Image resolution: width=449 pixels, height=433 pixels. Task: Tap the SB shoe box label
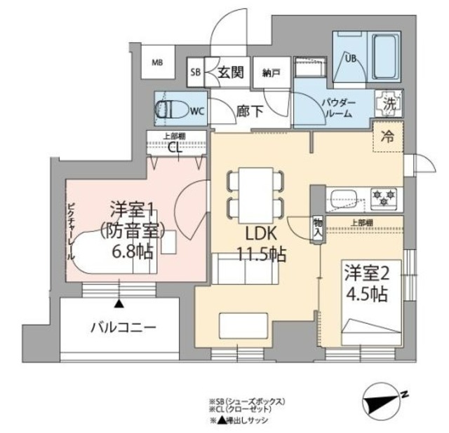tap(196, 72)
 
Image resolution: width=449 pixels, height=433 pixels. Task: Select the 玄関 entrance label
tap(229, 71)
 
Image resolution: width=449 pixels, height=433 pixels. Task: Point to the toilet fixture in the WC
tap(169, 109)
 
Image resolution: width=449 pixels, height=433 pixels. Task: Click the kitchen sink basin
tap(344, 195)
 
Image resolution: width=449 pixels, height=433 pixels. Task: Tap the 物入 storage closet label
tap(317, 226)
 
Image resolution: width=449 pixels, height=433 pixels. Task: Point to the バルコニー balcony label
tap(122, 327)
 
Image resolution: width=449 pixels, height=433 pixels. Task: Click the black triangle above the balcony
tap(119, 303)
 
